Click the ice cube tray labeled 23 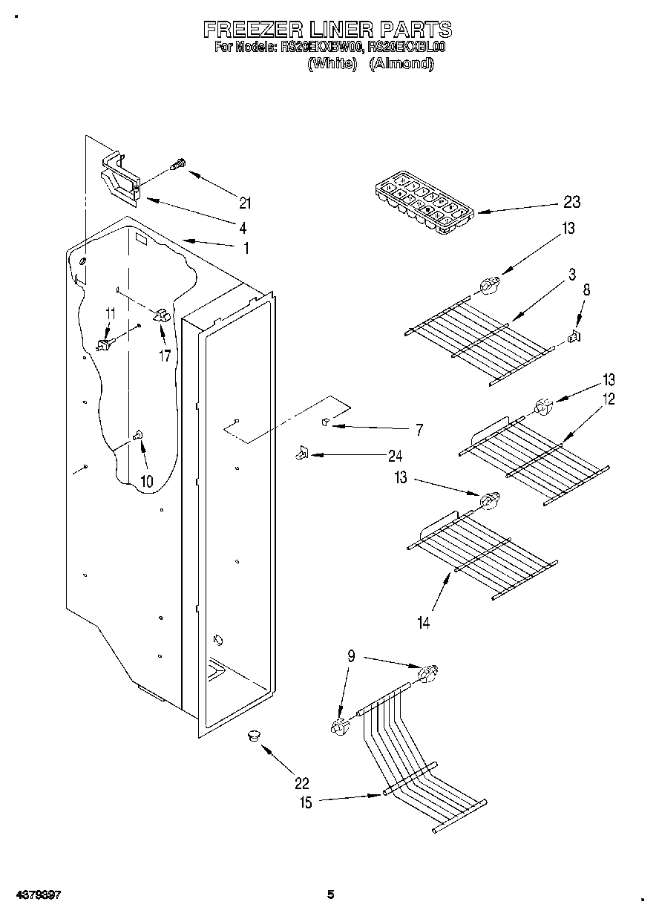click(423, 203)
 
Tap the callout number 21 click(246, 203)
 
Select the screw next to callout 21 click(178, 164)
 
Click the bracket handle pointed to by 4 click(119, 179)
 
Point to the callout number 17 click(165, 356)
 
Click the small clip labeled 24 click(301, 452)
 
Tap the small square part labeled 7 click(324, 422)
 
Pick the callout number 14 click(423, 623)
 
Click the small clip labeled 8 click(574, 337)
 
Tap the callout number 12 click(609, 399)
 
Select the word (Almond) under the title click(401, 64)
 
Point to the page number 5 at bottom click(331, 895)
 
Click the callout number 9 click(351, 655)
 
